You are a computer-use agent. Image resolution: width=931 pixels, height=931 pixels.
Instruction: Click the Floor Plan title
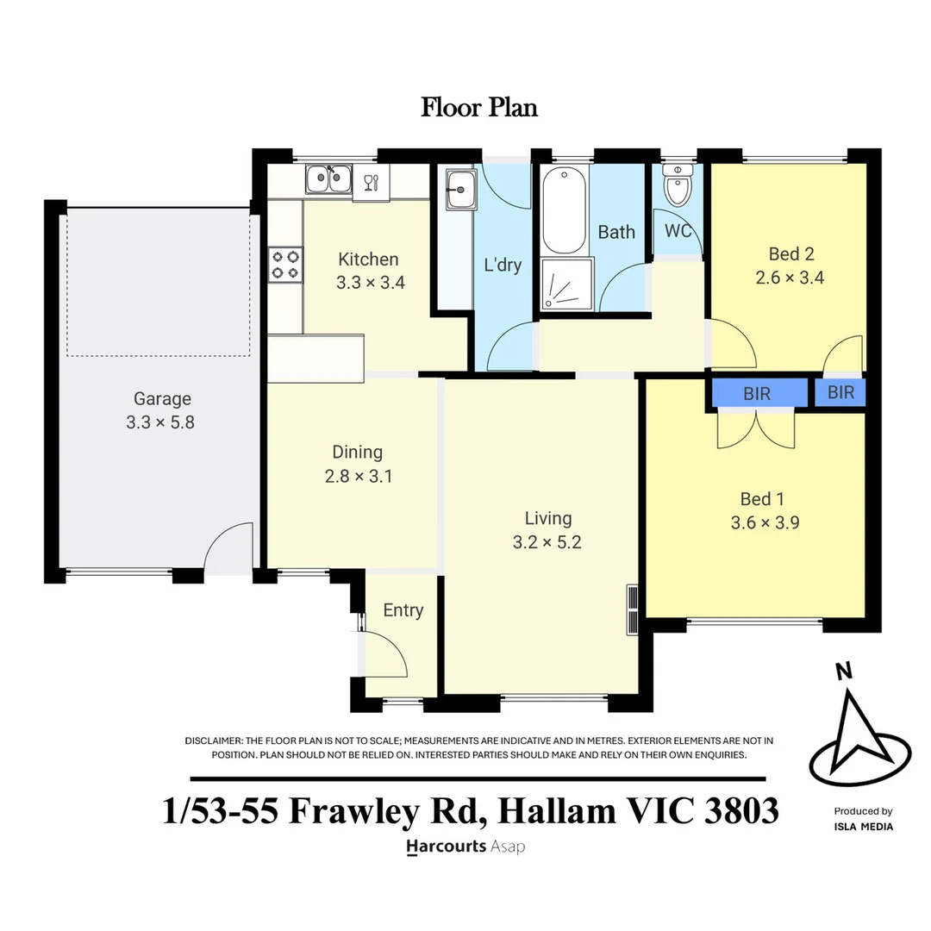pos(479,108)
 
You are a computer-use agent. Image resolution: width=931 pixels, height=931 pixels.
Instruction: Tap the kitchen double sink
pos(328,178)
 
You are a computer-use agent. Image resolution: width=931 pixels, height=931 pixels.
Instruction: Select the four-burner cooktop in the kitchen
pos(286,264)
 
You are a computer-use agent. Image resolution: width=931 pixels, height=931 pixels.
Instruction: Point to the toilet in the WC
pos(678,186)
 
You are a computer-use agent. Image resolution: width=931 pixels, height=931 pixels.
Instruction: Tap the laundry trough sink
pos(459,188)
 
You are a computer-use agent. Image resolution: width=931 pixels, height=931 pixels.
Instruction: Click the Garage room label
pos(162,399)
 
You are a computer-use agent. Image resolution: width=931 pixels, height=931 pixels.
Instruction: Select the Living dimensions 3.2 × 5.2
pos(548,542)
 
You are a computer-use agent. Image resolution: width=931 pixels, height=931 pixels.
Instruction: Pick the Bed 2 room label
pos(791,254)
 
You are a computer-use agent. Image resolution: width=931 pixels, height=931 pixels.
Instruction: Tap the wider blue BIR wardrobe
pos(757,393)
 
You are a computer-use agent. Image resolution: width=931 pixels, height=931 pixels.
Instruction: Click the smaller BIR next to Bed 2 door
pos(840,392)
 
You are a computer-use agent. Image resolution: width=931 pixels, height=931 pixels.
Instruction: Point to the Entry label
pos(403,610)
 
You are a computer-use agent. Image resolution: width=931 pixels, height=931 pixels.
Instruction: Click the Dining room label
pos(357,452)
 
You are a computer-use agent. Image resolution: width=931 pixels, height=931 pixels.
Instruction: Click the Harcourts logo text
pos(445,847)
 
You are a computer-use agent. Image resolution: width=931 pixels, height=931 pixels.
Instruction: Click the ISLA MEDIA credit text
pos(863,827)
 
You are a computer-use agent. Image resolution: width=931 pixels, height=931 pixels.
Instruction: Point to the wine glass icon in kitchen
pos(371,182)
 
